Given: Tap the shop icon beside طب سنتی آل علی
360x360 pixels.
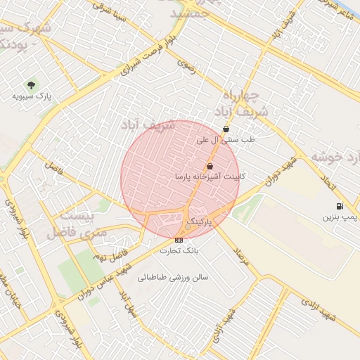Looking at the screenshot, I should tap(226, 129).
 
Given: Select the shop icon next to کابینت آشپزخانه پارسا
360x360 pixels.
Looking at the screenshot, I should tap(210, 166).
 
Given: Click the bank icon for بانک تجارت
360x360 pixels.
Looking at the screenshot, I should tap(179, 240).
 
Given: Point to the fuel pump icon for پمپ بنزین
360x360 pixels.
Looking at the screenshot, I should tap(340, 206).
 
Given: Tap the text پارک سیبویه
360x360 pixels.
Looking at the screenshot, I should tap(34, 96).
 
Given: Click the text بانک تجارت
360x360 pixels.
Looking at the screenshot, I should tap(179, 250).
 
